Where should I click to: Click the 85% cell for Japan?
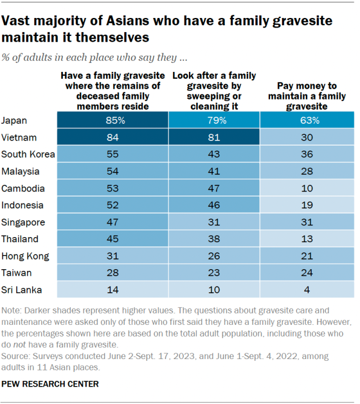pyautogui.click(x=112, y=120)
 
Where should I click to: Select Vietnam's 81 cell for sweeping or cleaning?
pyautogui.click(x=214, y=137)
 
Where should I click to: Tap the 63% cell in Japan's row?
pyautogui.click(x=307, y=120)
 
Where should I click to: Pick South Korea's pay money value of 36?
pyautogui.click(x=307, y=154)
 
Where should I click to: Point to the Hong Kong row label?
pyautogui.click(x=25, y=256)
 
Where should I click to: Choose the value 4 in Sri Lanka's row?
pyautogui.click(x=307, y=290)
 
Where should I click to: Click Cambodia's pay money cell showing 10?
pyautogui.click(x=307, y=188)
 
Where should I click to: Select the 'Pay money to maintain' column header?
pyautogui.click(x=307, y=96)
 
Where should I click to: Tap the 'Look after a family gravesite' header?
pyautogui.click(x=214, y=90)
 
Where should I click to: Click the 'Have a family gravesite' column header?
pyautogui.click(x=112, y=90)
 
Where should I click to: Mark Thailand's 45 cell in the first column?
pyautogui.click(x=112, y=239)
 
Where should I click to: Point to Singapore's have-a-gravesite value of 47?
pyautogui.click(x=112, y=223)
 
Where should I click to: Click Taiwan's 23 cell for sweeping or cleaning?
pyautogui.click(x=214, y=273)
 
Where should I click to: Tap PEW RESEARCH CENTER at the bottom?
pyautogui.click(x=50, y=384)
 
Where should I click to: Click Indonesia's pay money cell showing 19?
pyautogui.click(x=307, y=205)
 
